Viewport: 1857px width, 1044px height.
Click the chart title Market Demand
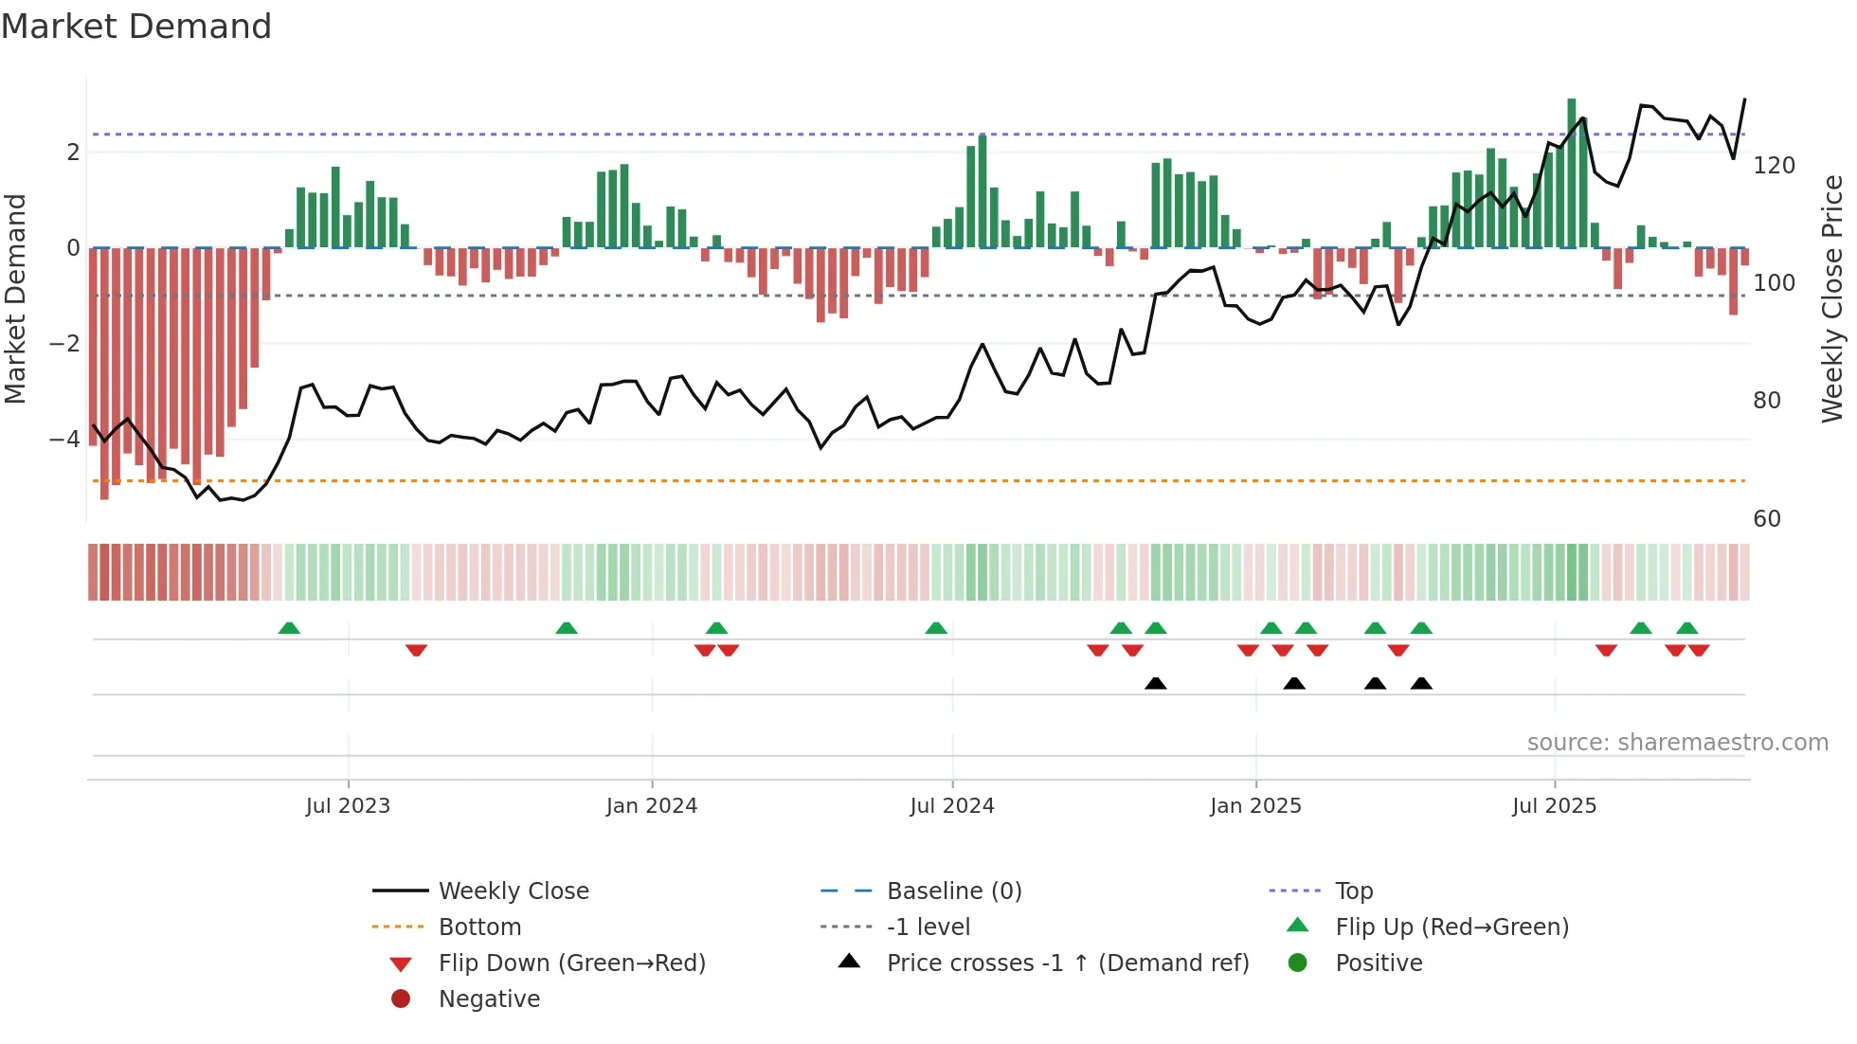coord(136,27)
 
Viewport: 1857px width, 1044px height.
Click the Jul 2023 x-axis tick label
coord(348,806)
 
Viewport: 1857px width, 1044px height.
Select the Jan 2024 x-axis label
coord(652,806)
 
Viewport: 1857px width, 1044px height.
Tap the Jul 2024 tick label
coord(952,806)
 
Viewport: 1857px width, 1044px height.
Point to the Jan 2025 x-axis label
coord(1255,806)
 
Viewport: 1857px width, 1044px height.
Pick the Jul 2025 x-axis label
coord(1555,806)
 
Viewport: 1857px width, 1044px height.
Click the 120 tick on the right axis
coord(1774,166)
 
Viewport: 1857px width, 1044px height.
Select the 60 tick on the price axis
coord(1767,519)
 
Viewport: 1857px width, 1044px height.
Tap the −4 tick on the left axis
coord(64,440)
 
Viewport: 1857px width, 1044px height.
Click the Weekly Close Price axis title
coord(1832,298)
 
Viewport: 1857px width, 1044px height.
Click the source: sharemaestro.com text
coord(1677,743)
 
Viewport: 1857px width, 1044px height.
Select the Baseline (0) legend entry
coord(954,891)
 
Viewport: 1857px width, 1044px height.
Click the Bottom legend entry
coord(479,927)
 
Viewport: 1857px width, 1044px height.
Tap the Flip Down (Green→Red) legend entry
coord(571,963)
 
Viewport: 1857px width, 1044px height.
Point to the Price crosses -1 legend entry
coord(1068,963)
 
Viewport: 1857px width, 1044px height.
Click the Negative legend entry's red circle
coord(401,999)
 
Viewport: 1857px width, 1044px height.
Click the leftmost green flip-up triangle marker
coord(289,628)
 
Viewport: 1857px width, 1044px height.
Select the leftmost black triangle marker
coord(1155,683)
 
